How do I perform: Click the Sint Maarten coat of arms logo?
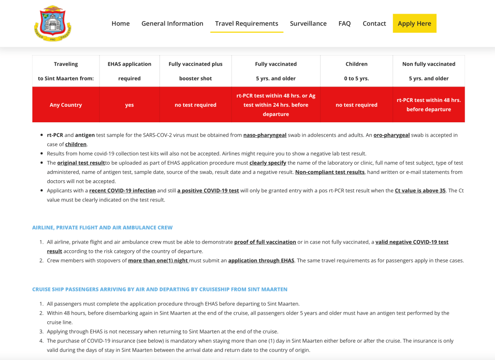[53, 23]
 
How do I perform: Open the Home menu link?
[120, 23]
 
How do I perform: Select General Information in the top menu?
[172, 23]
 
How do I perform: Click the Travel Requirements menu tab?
[247, 23]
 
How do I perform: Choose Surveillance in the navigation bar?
[308, 23]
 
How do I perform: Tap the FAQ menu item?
[344, 23]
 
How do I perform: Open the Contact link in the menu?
[374, 23]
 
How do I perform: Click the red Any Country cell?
[66, 105]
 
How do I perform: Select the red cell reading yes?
[129, 105]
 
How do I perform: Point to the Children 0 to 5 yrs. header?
[356, 71]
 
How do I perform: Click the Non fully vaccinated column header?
[428, 71]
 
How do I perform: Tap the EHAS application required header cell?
[129, 71]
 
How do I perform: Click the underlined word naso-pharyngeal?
[265, 135]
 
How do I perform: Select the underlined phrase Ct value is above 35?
[420, 190]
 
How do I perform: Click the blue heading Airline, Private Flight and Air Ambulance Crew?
[102, 227]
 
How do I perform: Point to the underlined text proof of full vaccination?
[265, 242]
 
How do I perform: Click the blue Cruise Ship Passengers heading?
[160, 289]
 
